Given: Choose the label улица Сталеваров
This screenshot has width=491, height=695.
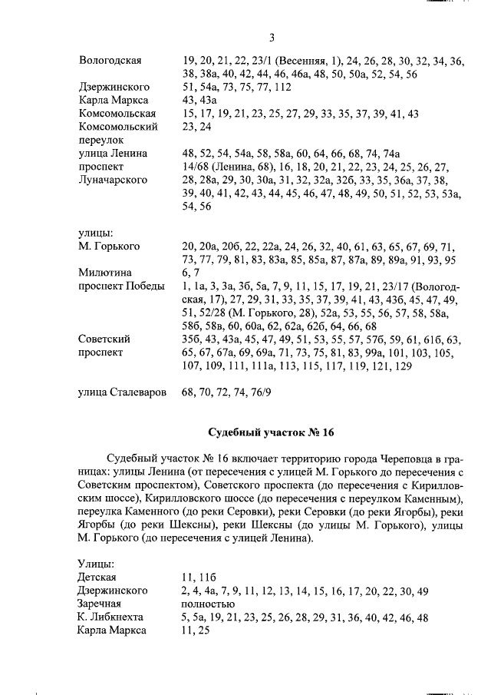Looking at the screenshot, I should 122,392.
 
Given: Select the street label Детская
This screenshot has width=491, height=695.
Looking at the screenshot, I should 97,577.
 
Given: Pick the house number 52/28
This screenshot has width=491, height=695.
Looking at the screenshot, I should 212,313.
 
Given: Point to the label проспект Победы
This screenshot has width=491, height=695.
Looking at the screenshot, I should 121,286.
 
